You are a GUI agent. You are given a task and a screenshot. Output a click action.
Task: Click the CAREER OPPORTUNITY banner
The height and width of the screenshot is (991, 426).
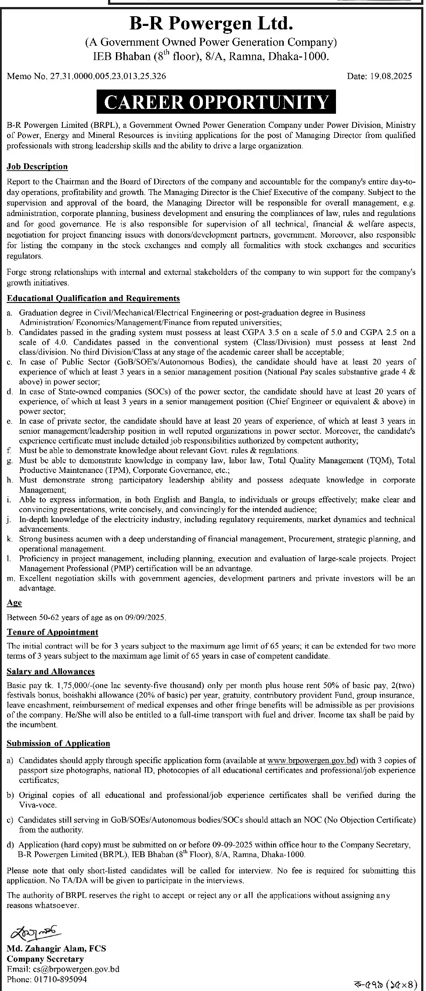click(216, 101)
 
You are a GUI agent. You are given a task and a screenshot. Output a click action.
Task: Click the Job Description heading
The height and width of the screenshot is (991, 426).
click(37, 166)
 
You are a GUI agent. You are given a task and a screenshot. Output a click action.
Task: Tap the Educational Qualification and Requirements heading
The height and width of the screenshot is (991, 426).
click(93, 299)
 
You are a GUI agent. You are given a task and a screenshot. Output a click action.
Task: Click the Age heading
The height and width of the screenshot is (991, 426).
click(14, 603)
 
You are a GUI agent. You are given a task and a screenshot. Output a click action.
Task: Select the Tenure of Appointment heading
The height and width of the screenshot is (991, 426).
click(52, 632)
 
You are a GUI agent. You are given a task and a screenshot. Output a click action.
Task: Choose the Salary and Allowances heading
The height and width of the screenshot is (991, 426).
click(51, 671)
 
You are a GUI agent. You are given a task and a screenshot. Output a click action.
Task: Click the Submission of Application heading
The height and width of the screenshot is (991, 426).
click(58, 743)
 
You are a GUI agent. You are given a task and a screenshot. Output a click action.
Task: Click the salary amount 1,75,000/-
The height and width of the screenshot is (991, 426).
click(65, 685)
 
